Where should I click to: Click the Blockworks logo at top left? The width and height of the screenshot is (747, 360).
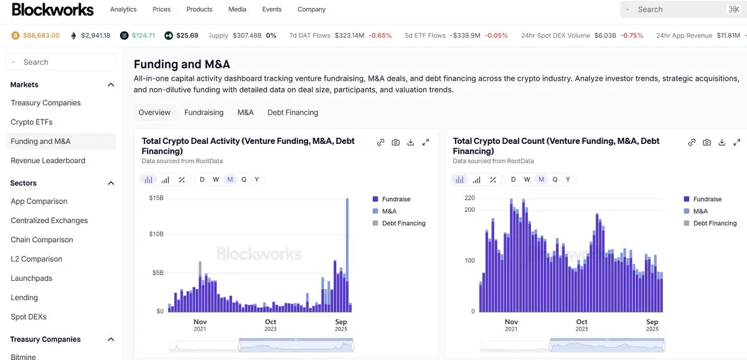click(53, 9)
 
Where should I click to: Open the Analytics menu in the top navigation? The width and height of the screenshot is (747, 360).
click(123, 9)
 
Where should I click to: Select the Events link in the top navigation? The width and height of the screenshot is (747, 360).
click(271, 9)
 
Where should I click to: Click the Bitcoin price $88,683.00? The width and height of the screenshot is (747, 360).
click(41, 36)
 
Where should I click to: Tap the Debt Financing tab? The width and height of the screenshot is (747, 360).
click(293, 112)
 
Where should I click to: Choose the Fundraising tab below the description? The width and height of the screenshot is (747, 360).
click(204, 112)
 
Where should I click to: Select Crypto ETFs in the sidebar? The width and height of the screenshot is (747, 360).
click(32, 122)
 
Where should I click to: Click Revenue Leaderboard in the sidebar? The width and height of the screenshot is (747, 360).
click(48, 161)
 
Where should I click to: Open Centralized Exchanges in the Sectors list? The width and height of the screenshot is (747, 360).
click(49, 220)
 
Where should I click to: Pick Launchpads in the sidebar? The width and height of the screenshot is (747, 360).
click(32, 278)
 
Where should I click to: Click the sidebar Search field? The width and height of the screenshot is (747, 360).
click(61, 62)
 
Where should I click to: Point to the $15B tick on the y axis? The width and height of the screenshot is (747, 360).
click(156, 198)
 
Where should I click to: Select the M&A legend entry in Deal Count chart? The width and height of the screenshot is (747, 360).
click(700, 211)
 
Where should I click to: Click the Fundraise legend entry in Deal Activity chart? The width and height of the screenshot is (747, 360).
click(396, 199)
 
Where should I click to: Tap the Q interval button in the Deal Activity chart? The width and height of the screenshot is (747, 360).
click(243, 179)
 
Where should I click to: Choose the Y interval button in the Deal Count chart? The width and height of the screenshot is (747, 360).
click(568, 179)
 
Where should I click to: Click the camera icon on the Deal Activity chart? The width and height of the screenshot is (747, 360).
click(395, 142)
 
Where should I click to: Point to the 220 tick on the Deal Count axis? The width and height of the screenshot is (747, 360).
click(469, 198)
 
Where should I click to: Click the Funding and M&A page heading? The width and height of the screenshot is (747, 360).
click(182, 64)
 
